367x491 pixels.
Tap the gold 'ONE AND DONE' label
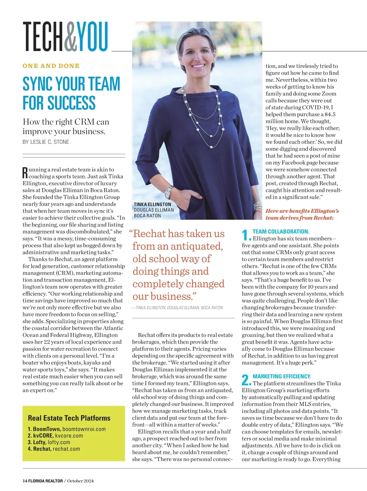pos(51,66)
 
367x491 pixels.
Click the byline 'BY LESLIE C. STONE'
pos(46,142)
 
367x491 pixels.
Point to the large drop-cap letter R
pos(25,173)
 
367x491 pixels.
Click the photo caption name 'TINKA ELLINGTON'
pos(152,204)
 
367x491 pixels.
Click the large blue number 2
pos(246,380)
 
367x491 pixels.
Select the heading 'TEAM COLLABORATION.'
pos(281,232)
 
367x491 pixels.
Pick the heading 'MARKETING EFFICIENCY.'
pos(282,376)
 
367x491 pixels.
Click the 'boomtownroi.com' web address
pos(84,429)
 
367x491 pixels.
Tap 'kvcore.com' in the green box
pos(69,436)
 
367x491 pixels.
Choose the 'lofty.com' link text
pos(59,442)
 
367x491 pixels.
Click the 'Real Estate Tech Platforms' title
pos(69,418)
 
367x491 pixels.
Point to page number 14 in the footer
pos(25,481)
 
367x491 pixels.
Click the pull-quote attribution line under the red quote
pos(177,308)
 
